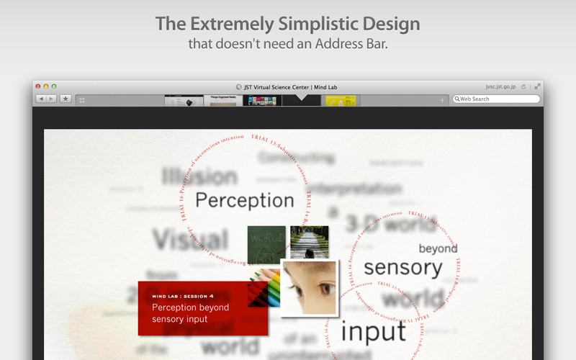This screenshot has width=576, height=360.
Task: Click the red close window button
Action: pos(37,86)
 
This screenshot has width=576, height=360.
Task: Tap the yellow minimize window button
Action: pos(45,86)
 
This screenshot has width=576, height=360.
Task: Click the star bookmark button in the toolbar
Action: pos(66,99)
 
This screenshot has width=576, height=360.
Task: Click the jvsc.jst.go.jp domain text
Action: pos(501,86)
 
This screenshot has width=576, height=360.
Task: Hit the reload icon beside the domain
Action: pos(523,86)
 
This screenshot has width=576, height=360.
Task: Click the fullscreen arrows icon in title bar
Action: pos(537,86)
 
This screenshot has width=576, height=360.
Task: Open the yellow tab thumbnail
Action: pos(341,101)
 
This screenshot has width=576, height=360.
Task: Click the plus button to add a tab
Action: pos(442,100)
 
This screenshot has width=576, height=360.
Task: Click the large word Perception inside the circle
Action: pos(245,199)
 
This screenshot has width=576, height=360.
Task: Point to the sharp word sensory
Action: pos(402,268)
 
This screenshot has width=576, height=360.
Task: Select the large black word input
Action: pos(373,331)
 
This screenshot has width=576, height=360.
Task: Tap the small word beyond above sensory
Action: pos(438,248)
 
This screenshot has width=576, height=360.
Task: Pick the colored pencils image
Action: pos(263,292)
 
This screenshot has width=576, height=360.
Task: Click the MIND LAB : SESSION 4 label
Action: pos(182,296)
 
